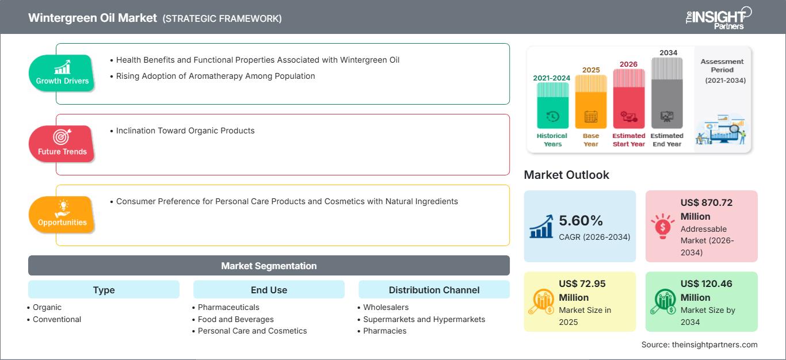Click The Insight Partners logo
tap(718, 17)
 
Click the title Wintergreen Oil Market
tap(93, 18)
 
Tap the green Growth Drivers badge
tap(62, 73)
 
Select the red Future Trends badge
tap(62, 144)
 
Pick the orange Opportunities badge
tap(62, 215)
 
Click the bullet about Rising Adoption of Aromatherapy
tap(215, 76)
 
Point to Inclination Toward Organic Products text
tap(185, 131)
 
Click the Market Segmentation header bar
tap(269, 266)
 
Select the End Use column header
tap(269, 290)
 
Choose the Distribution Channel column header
tap(434, 290)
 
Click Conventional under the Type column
tap(57, 319)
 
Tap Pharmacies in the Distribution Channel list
tap(384, 331)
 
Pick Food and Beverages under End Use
tap(235, 319)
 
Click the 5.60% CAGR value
tap(581, 220)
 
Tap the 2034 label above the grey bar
tap(668, 52)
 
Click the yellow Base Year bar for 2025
tap(591, 102)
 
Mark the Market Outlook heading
tap(566, 175)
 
